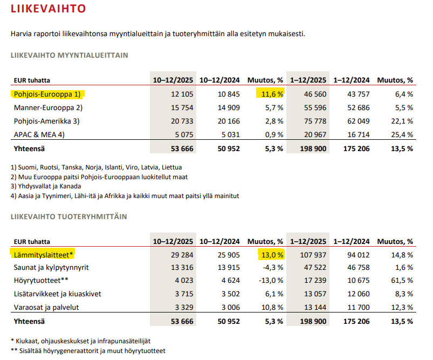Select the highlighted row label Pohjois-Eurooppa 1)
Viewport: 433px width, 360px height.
47,94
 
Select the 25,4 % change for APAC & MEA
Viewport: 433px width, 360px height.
403,134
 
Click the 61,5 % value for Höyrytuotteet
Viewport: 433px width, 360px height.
403,281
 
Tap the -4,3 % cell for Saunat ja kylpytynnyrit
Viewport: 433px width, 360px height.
272,267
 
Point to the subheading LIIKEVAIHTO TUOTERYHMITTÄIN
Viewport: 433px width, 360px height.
68,216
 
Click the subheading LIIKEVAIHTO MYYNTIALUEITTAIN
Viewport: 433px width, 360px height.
69,55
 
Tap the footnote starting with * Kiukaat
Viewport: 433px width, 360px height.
81,341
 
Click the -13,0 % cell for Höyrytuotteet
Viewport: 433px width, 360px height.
271,281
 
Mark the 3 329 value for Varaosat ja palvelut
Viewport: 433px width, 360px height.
182,308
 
